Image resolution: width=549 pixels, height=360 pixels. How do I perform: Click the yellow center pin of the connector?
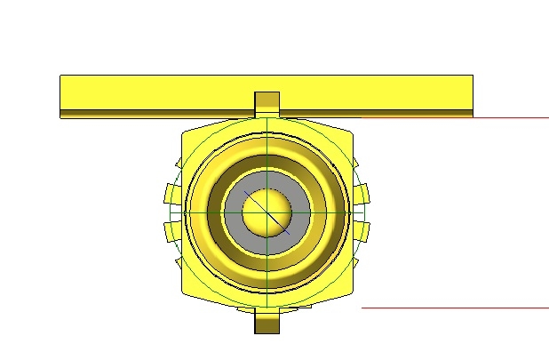[267, 212]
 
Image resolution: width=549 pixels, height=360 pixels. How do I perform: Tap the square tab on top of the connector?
[267, 103]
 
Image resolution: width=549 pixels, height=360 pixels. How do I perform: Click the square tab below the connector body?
[267, 321]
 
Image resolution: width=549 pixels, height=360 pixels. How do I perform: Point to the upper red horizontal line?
[511, 117]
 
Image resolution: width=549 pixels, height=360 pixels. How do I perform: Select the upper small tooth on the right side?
[363, 195]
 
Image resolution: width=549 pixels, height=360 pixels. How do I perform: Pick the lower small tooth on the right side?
[362, 231]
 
